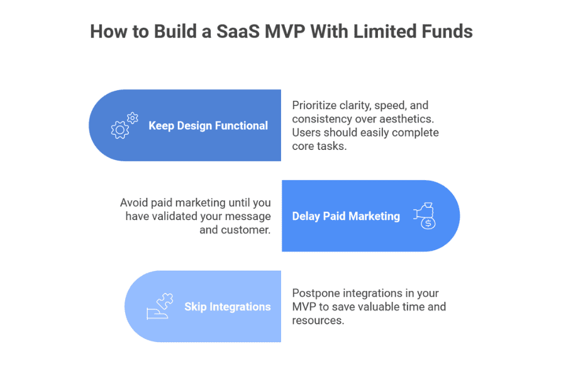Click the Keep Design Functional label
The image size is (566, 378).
pos(208,126)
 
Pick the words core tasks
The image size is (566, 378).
pos(318,146)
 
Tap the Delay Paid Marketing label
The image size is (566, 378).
pos(346,216)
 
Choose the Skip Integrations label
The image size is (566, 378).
pos(227,307)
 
